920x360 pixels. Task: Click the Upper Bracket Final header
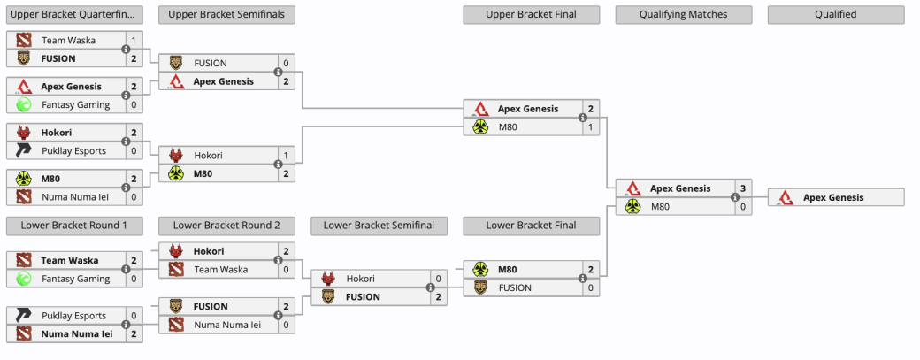[x=531, y=15]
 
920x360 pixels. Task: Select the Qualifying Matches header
[x=684, y=15]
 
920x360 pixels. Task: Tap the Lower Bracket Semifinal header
[x=379, y=226]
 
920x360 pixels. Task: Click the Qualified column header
[x=836, y=15]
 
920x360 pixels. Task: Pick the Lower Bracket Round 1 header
[x=74, y=226]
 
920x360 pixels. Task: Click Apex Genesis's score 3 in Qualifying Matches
[x=743, y=188]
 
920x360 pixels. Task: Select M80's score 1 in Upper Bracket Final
[x=591, y=126]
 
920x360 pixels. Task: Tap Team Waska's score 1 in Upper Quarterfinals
[x=134, y=41]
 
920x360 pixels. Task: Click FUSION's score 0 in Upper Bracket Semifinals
[x=287, y=64]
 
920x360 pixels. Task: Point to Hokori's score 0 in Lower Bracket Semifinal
[x=438, y=279]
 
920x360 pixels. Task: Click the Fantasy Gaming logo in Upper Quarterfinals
[x=24, y=105]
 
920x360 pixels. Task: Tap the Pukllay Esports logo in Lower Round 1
[x=24, y=316]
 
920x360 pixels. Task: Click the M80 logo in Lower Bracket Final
[x=480, y=269]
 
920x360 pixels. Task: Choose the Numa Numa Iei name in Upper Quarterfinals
[x=75, y=197]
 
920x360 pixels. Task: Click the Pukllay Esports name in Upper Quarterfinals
[x=74, y=150]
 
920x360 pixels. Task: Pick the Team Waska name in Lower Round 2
[x=220, y=270]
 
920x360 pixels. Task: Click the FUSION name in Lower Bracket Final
[x=515, y=287]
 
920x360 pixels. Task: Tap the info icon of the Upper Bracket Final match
[x=583, y=118]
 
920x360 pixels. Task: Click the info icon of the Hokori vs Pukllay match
[x=126, y=142]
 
